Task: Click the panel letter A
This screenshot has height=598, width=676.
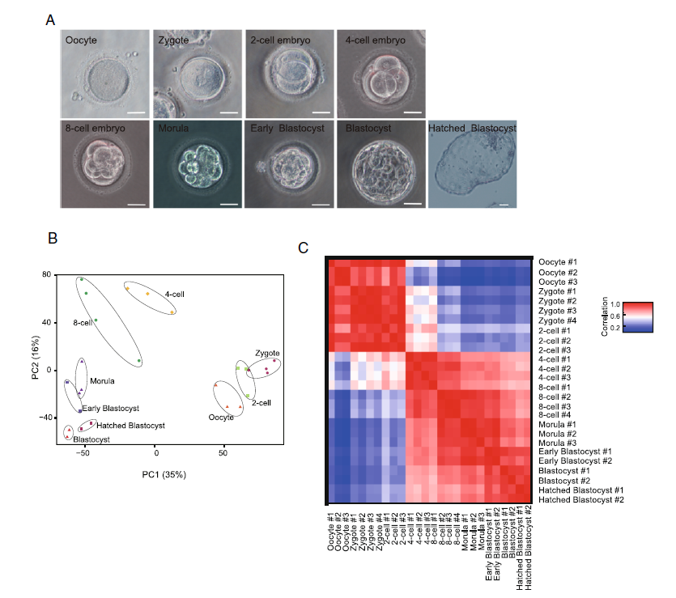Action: pos(50,17)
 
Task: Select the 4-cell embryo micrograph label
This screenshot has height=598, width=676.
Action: pos(372,40)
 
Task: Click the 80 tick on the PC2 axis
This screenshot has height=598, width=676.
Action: pos(46,275)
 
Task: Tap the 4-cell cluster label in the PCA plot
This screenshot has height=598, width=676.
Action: pos(174,295)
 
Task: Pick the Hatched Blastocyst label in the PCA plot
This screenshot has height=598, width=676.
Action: pos(130,425)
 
